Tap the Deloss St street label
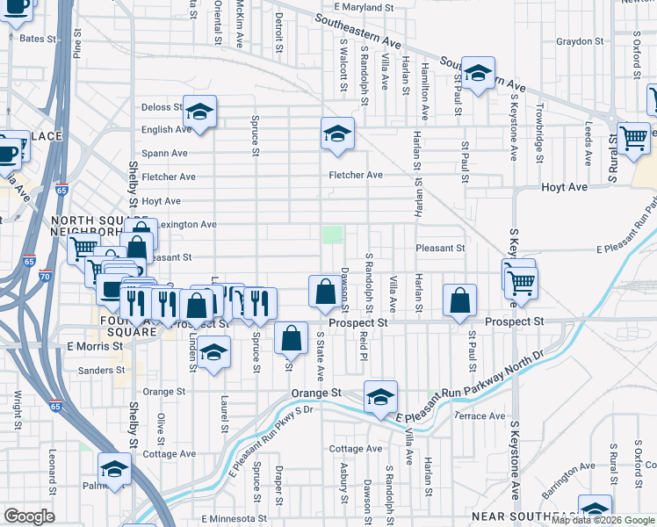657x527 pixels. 161,107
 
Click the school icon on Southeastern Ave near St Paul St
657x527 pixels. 478,74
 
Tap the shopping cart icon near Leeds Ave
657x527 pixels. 633,137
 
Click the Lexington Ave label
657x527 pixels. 186,225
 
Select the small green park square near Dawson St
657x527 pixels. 333,235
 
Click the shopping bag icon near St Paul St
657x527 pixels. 459,300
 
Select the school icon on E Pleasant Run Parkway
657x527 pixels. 380,398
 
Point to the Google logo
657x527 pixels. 29,516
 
